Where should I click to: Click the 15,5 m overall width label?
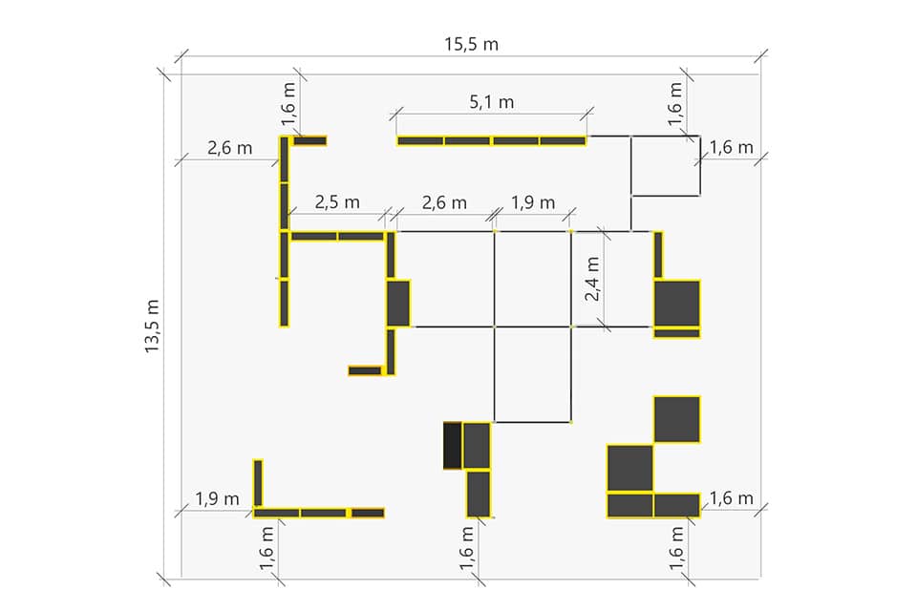[x=471, y=45]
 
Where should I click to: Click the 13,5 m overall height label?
[x=152, y=327]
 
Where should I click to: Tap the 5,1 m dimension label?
[x=492, y=102]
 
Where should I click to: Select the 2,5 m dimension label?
[x=337, y=202]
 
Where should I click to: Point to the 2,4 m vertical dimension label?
[x=592, y=279]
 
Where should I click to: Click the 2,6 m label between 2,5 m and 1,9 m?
[x=444, y=203]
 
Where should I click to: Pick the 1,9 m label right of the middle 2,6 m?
[x=533, y=203]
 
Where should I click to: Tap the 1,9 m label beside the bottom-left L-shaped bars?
[x=217, y=498]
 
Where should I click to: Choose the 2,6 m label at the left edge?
[x=230, y=148]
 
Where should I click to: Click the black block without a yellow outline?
[x=453, y=446]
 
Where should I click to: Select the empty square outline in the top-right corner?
[x=666, y=165]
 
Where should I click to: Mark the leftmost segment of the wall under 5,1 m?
[x=420, y=141]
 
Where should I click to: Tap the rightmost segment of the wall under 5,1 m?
[x=563, y=141]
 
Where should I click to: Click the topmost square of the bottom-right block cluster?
[x=676, y=420]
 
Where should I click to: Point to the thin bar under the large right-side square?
[x=676, y=333]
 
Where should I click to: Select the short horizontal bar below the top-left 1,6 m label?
[x=309, y=141]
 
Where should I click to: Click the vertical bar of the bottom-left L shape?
[x=258, y=483]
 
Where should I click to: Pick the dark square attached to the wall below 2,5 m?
[x=398, y=304]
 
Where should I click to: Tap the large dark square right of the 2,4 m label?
[x=676, y=304]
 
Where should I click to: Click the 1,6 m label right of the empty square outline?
[x=731, y=147]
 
